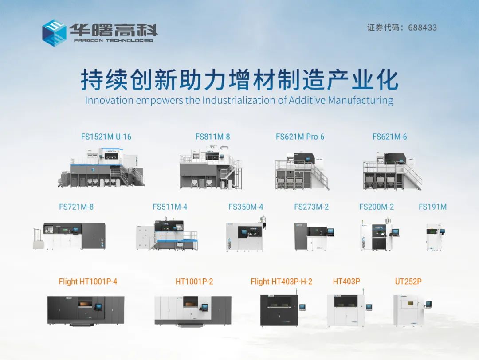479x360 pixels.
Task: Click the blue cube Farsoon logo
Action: pos(54,33)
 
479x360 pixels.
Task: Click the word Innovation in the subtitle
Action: pos(109,100)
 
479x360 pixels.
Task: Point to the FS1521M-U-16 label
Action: pos(106,137)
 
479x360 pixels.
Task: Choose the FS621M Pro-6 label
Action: pos(300,137)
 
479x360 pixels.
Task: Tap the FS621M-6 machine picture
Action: pos(393,171)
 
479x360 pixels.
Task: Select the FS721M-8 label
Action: pos(76,207)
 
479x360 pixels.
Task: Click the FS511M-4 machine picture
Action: pos(167,234)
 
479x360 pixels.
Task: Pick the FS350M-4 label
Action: pos(246,207)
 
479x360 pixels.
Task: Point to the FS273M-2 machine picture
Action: pos(314,237)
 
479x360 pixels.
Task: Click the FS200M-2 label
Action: pos(377,207)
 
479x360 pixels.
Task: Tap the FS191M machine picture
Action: pos(436,237)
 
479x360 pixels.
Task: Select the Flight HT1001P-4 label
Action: pos(88,281)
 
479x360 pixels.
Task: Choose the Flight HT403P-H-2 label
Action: pos(281,281)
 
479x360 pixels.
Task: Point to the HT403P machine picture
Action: pos(349,310)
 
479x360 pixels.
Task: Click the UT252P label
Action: pos(408,281)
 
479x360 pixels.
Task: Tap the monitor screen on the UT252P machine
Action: pos(428,304)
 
